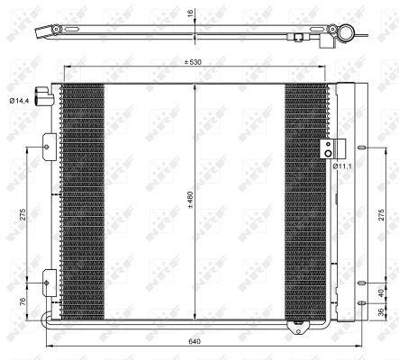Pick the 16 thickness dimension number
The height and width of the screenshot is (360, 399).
click(192, 14)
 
